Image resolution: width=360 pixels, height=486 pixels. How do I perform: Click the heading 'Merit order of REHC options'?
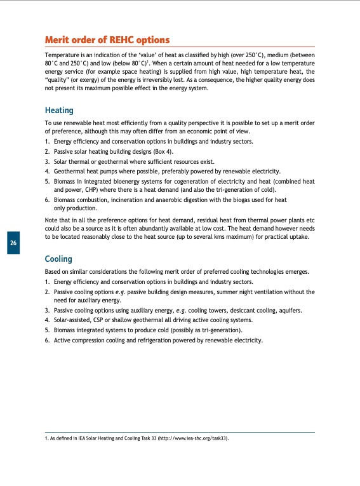pyautogui.click(x=107, y=40)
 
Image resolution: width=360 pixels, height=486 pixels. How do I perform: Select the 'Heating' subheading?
pyautogui.click(x=59, y=110)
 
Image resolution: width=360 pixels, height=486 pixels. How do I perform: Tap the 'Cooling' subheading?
pyautogui.click(x=58, y=259)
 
